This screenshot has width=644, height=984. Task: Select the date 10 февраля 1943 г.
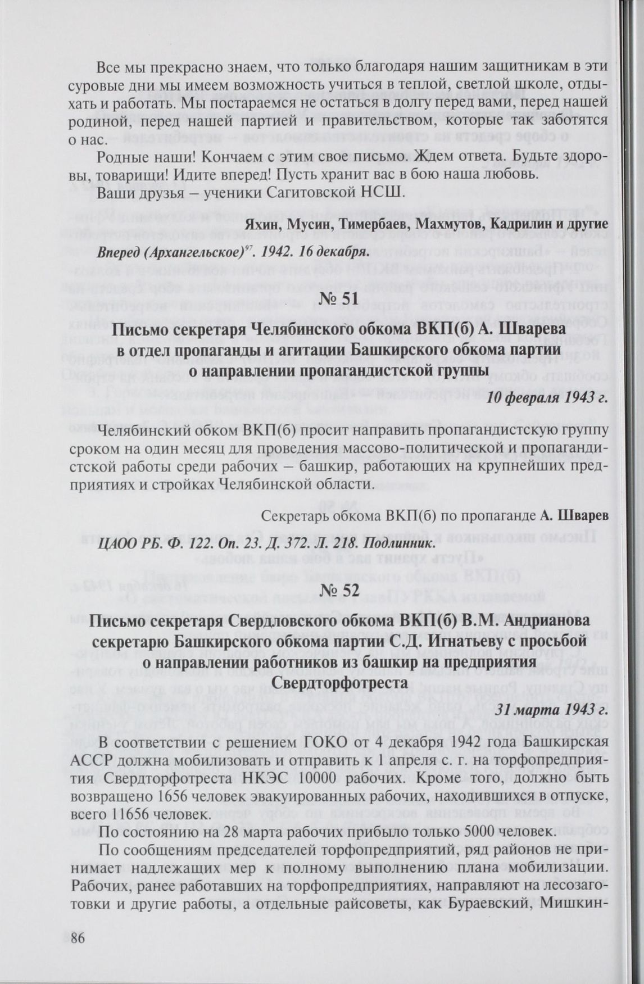coord(547,398)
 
